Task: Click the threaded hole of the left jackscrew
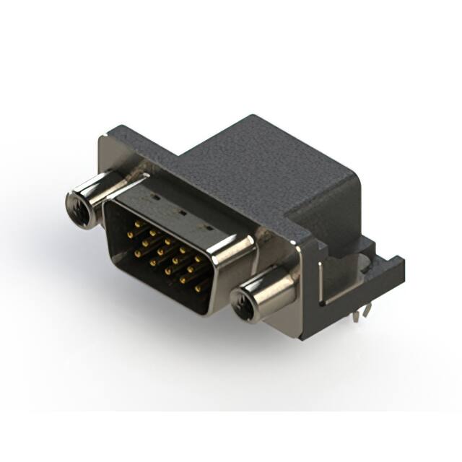click(78, 210)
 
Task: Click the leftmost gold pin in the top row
click(136, 225)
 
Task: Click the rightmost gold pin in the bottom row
click(197, 288)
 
